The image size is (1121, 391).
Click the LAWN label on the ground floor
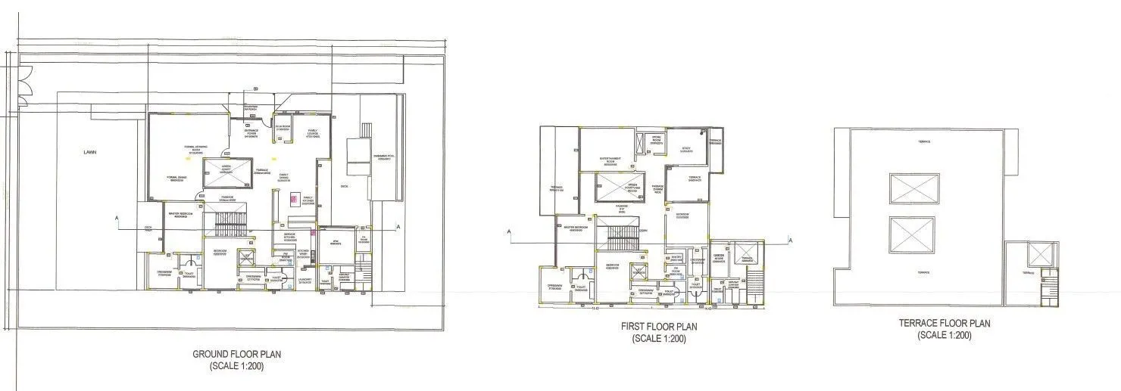click(x=90, y=152)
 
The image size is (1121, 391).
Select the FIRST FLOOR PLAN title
click(x=658, y=327)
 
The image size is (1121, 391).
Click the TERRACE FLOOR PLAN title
click(x=944, y=323)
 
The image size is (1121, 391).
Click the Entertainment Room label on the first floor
click(x=610, y=160)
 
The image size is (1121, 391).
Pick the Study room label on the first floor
click(x=686, y=150)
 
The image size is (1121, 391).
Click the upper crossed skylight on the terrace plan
click(x=913, y=189)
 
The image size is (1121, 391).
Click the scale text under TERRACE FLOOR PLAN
click(x=944, y=335)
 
